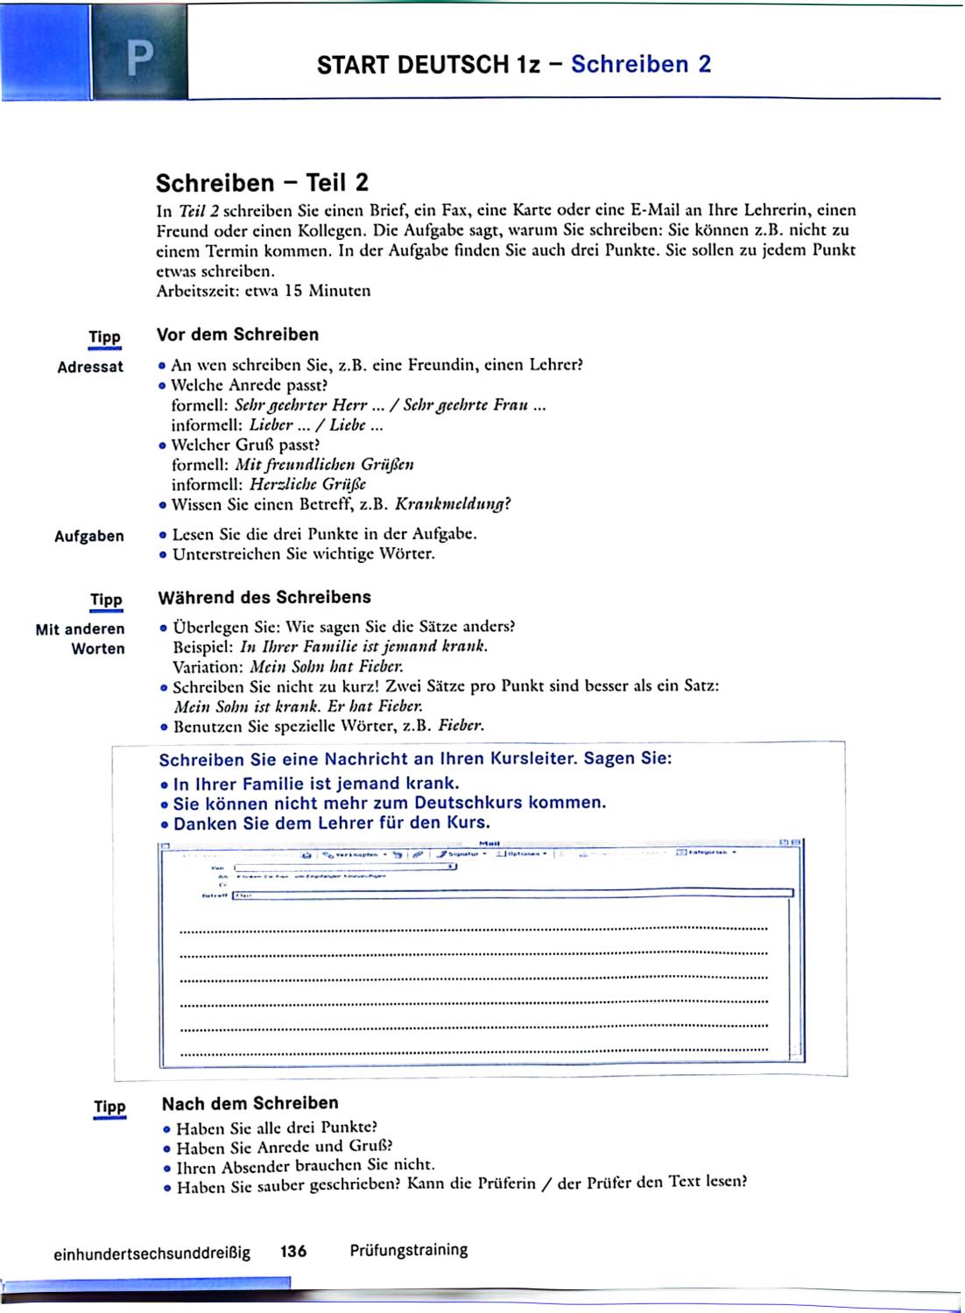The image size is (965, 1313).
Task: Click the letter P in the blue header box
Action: pyautogui.click(x=139, y=57)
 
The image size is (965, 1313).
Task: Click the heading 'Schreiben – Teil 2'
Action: pyautogui.click(x=262, y=183)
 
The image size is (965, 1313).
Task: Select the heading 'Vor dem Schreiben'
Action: pyautogui.click(x=237, y=334)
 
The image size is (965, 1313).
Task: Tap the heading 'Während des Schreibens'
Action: pyautogui.click(x=264, y=598)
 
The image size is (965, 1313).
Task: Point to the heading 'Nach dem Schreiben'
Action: pyautogui.click(x=250, y=1103)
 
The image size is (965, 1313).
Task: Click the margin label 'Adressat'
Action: pyautogui.click(x=90, y=367)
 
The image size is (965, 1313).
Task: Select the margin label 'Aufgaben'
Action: pyautogui.click(x=89, y=536)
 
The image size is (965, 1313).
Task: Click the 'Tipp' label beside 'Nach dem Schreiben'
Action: pyautogui.click(x=109, y=1106)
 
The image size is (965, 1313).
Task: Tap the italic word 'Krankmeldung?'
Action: pyautogui.click(x=453, y=504)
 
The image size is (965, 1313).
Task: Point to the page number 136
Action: pyautogui.click(x=293, y=1252)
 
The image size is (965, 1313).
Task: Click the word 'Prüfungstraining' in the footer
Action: pyautogui.click(x=409, y=1250)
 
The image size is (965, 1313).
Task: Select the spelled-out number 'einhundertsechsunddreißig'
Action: pyautogui.click(x=151, y=1253)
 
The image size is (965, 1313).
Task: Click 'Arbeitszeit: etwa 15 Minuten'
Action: pyautogui.click(x=263, y=291)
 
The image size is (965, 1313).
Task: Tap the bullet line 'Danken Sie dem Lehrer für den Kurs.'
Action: pyautogui.click(x=331, y=824)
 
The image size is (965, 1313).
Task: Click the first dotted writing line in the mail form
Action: pyautogui.click(x=473, y=928)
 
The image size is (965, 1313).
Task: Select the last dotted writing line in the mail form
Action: pyautogui.click(x=473, y=1054)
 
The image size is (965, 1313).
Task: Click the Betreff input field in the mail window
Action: pyautogui.click(x=512, y=895)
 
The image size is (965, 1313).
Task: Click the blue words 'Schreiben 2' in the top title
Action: pyautogui.click(x=641, y=64)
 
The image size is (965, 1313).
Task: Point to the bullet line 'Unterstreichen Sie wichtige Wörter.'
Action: pyautogui.click(x=303, y=554)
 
